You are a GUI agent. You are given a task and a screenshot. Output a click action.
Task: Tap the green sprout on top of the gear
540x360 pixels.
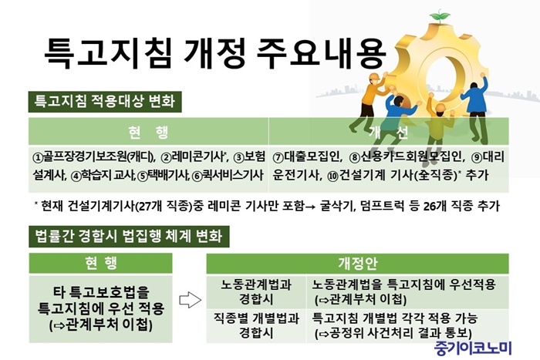pos(440,16)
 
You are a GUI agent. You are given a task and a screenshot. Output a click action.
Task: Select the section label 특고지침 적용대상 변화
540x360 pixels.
pos(105,101)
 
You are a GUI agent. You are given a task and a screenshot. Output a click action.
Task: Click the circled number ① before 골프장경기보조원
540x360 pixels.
pos(37,158)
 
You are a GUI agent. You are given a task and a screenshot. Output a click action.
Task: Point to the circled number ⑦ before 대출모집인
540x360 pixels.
pos(278,158)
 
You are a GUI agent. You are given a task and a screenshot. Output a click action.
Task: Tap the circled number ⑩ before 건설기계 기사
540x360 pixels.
pos(332,177)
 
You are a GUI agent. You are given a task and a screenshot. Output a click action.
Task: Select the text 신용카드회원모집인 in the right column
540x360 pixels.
pos(411,157)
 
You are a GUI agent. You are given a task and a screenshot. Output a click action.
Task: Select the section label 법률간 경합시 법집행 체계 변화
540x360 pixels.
pos(129,237)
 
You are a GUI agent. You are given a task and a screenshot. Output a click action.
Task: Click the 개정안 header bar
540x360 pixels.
pos(357,264)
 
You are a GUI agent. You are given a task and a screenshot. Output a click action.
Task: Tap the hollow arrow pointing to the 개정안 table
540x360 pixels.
pos(190,300)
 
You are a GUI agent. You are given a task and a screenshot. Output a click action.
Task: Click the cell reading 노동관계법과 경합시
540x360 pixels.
pos(256,292)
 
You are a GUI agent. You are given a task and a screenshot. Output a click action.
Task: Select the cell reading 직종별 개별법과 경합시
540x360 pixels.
pos(256,325)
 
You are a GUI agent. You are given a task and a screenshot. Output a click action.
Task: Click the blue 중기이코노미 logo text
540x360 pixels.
pos(473,348)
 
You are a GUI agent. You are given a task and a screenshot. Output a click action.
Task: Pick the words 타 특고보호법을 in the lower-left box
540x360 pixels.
pos(101,292)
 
